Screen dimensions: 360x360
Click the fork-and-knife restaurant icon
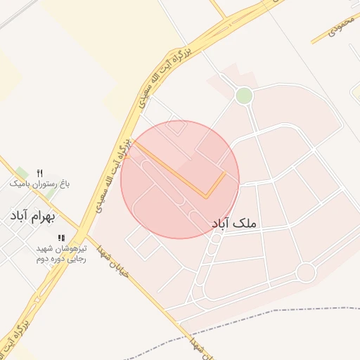pyautogui.click(x=39, y=173)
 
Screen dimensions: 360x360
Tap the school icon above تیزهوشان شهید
pyautogui.click(x=61, y=238)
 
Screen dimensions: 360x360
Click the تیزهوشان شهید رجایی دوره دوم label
pyautogui.click(x=61, y=253)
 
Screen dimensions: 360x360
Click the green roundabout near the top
pyautogui.click(x=244, y=96)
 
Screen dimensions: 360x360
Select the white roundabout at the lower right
pyautogui.click(x=305, y=271)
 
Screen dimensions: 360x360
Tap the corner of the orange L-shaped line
pyautogui.click(x=206, y=197)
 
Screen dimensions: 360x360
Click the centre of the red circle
pyautogui.click(x=180, y=179)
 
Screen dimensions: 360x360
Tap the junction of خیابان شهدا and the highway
pyautogui.click(x=83, y=229)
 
